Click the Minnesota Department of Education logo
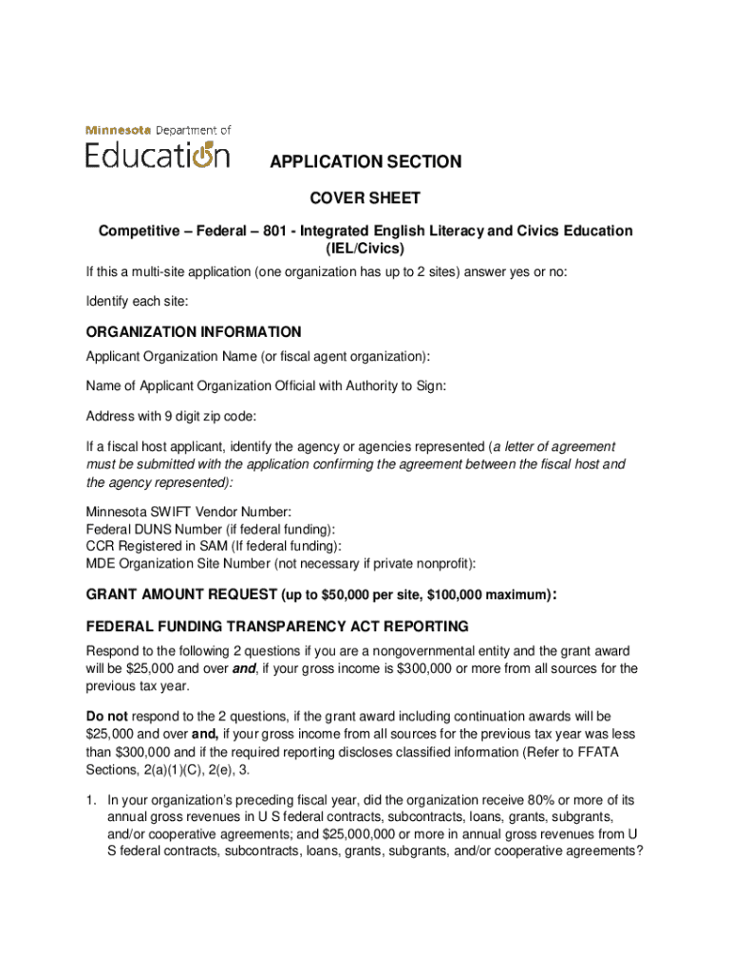159,147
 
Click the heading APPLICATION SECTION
365,162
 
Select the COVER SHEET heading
365,198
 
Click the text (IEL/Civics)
365,249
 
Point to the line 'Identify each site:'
137,301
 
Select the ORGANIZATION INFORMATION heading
194,332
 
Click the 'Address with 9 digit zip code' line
172,416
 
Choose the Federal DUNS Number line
210,529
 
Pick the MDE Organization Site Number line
280,563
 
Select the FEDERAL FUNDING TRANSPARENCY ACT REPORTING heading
277,626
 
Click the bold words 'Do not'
107,716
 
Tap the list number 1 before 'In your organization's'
91,800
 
